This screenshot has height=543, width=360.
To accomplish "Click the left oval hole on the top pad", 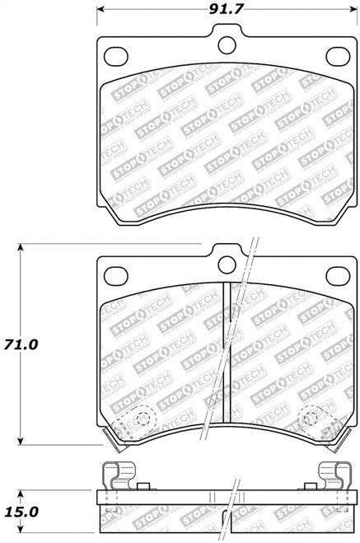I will (x=116, y=56).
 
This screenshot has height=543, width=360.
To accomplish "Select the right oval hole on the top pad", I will (x=337, y=56).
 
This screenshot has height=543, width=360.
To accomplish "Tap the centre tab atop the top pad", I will (x=227, y=36).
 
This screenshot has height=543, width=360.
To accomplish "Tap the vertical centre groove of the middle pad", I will (x=227, y=354).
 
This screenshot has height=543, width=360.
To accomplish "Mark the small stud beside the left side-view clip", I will (x=143, y=487).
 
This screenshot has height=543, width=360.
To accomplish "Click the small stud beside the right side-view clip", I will (x=310, y=487).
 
